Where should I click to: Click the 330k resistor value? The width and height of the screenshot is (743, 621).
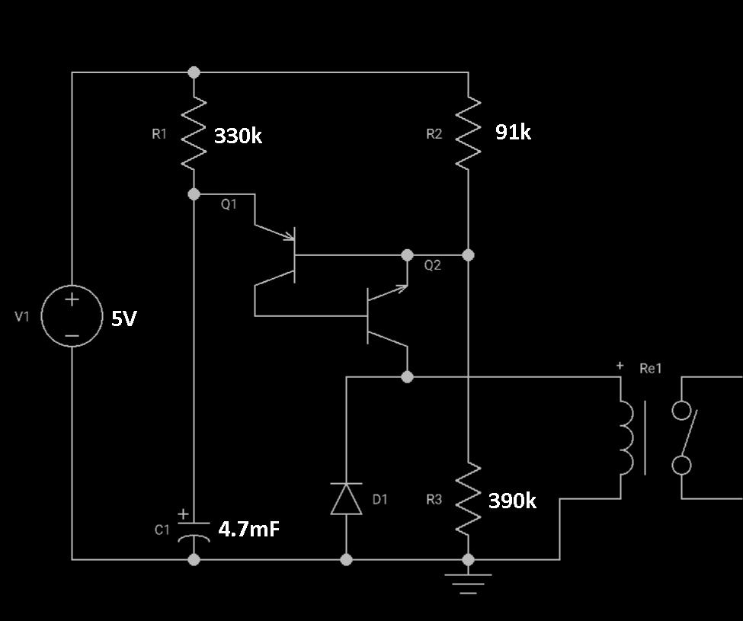[238, 136]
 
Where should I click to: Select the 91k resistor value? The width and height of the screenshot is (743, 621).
[513, 132]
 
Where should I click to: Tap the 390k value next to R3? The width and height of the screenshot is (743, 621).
[512, 501]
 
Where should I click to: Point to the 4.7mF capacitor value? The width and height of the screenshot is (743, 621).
[248, 529]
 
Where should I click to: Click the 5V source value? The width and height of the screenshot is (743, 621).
[123, 319]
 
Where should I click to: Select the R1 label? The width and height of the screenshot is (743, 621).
[159, 134]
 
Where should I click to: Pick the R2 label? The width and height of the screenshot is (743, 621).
[434, 134]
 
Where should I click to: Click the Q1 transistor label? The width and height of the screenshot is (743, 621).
[229, 205]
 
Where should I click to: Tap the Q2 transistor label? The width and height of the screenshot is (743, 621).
[433, 265]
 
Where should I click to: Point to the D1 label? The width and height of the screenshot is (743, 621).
[380, 499]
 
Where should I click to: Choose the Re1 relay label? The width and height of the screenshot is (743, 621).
[651, 369]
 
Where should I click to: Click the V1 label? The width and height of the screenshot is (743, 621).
[22, 316]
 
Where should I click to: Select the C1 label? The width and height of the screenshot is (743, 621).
[162, 530]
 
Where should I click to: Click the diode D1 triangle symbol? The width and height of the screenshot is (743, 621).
[347, 499]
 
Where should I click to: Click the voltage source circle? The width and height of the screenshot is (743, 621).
[72, 316]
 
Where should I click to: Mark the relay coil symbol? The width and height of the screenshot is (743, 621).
[626, 437]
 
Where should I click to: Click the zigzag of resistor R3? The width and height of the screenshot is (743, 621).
[468, 500]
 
